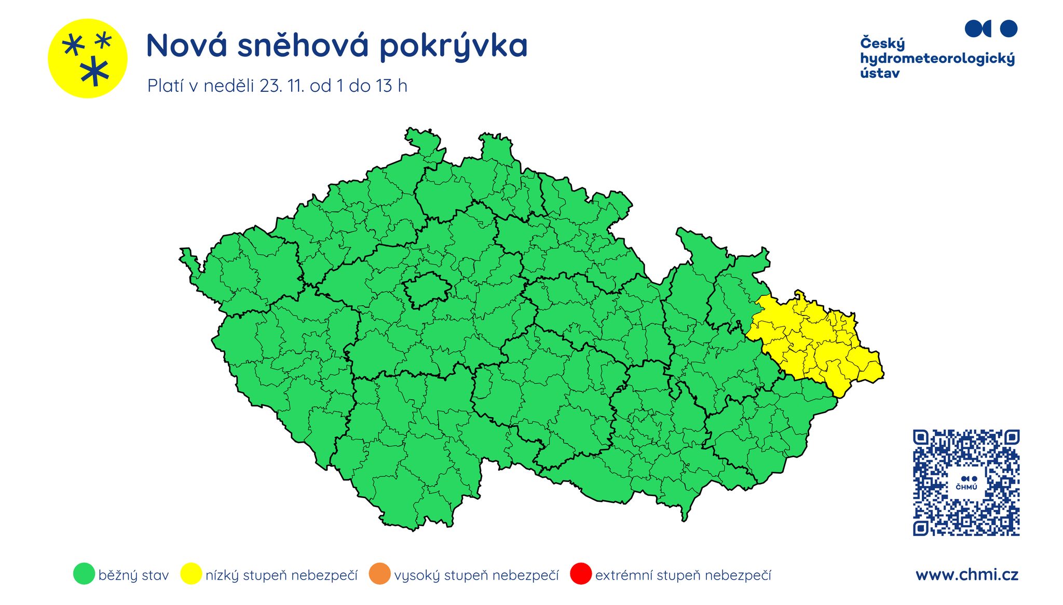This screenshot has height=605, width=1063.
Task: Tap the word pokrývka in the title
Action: [453, 47]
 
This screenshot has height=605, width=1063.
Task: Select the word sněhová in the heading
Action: [303, 46]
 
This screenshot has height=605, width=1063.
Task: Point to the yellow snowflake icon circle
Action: [87, 59]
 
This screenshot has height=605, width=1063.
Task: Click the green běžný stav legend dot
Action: [84, 574]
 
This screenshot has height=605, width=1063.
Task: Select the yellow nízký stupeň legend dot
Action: [190, 574]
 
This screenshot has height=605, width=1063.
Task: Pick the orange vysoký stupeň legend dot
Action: [379, 574]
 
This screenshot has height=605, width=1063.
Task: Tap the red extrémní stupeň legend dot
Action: [580, 574]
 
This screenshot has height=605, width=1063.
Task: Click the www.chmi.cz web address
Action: [966, 575]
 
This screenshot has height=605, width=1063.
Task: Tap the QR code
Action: [966, 483]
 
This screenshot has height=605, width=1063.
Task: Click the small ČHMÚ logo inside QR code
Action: [966, 483]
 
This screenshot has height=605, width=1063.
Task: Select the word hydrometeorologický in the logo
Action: [937, 59]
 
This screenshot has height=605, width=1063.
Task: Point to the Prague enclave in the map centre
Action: [427, 290]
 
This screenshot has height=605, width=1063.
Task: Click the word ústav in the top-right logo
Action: [880, 73]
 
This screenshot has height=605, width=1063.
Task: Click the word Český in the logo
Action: [882, 44]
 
